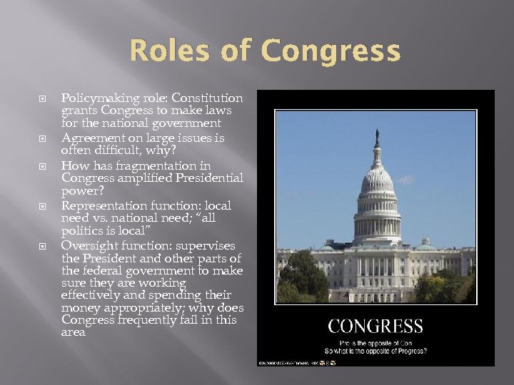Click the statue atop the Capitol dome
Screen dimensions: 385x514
point(376,137)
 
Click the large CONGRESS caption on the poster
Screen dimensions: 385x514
point(376,327)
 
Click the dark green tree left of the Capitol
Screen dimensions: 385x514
point(303,274)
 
